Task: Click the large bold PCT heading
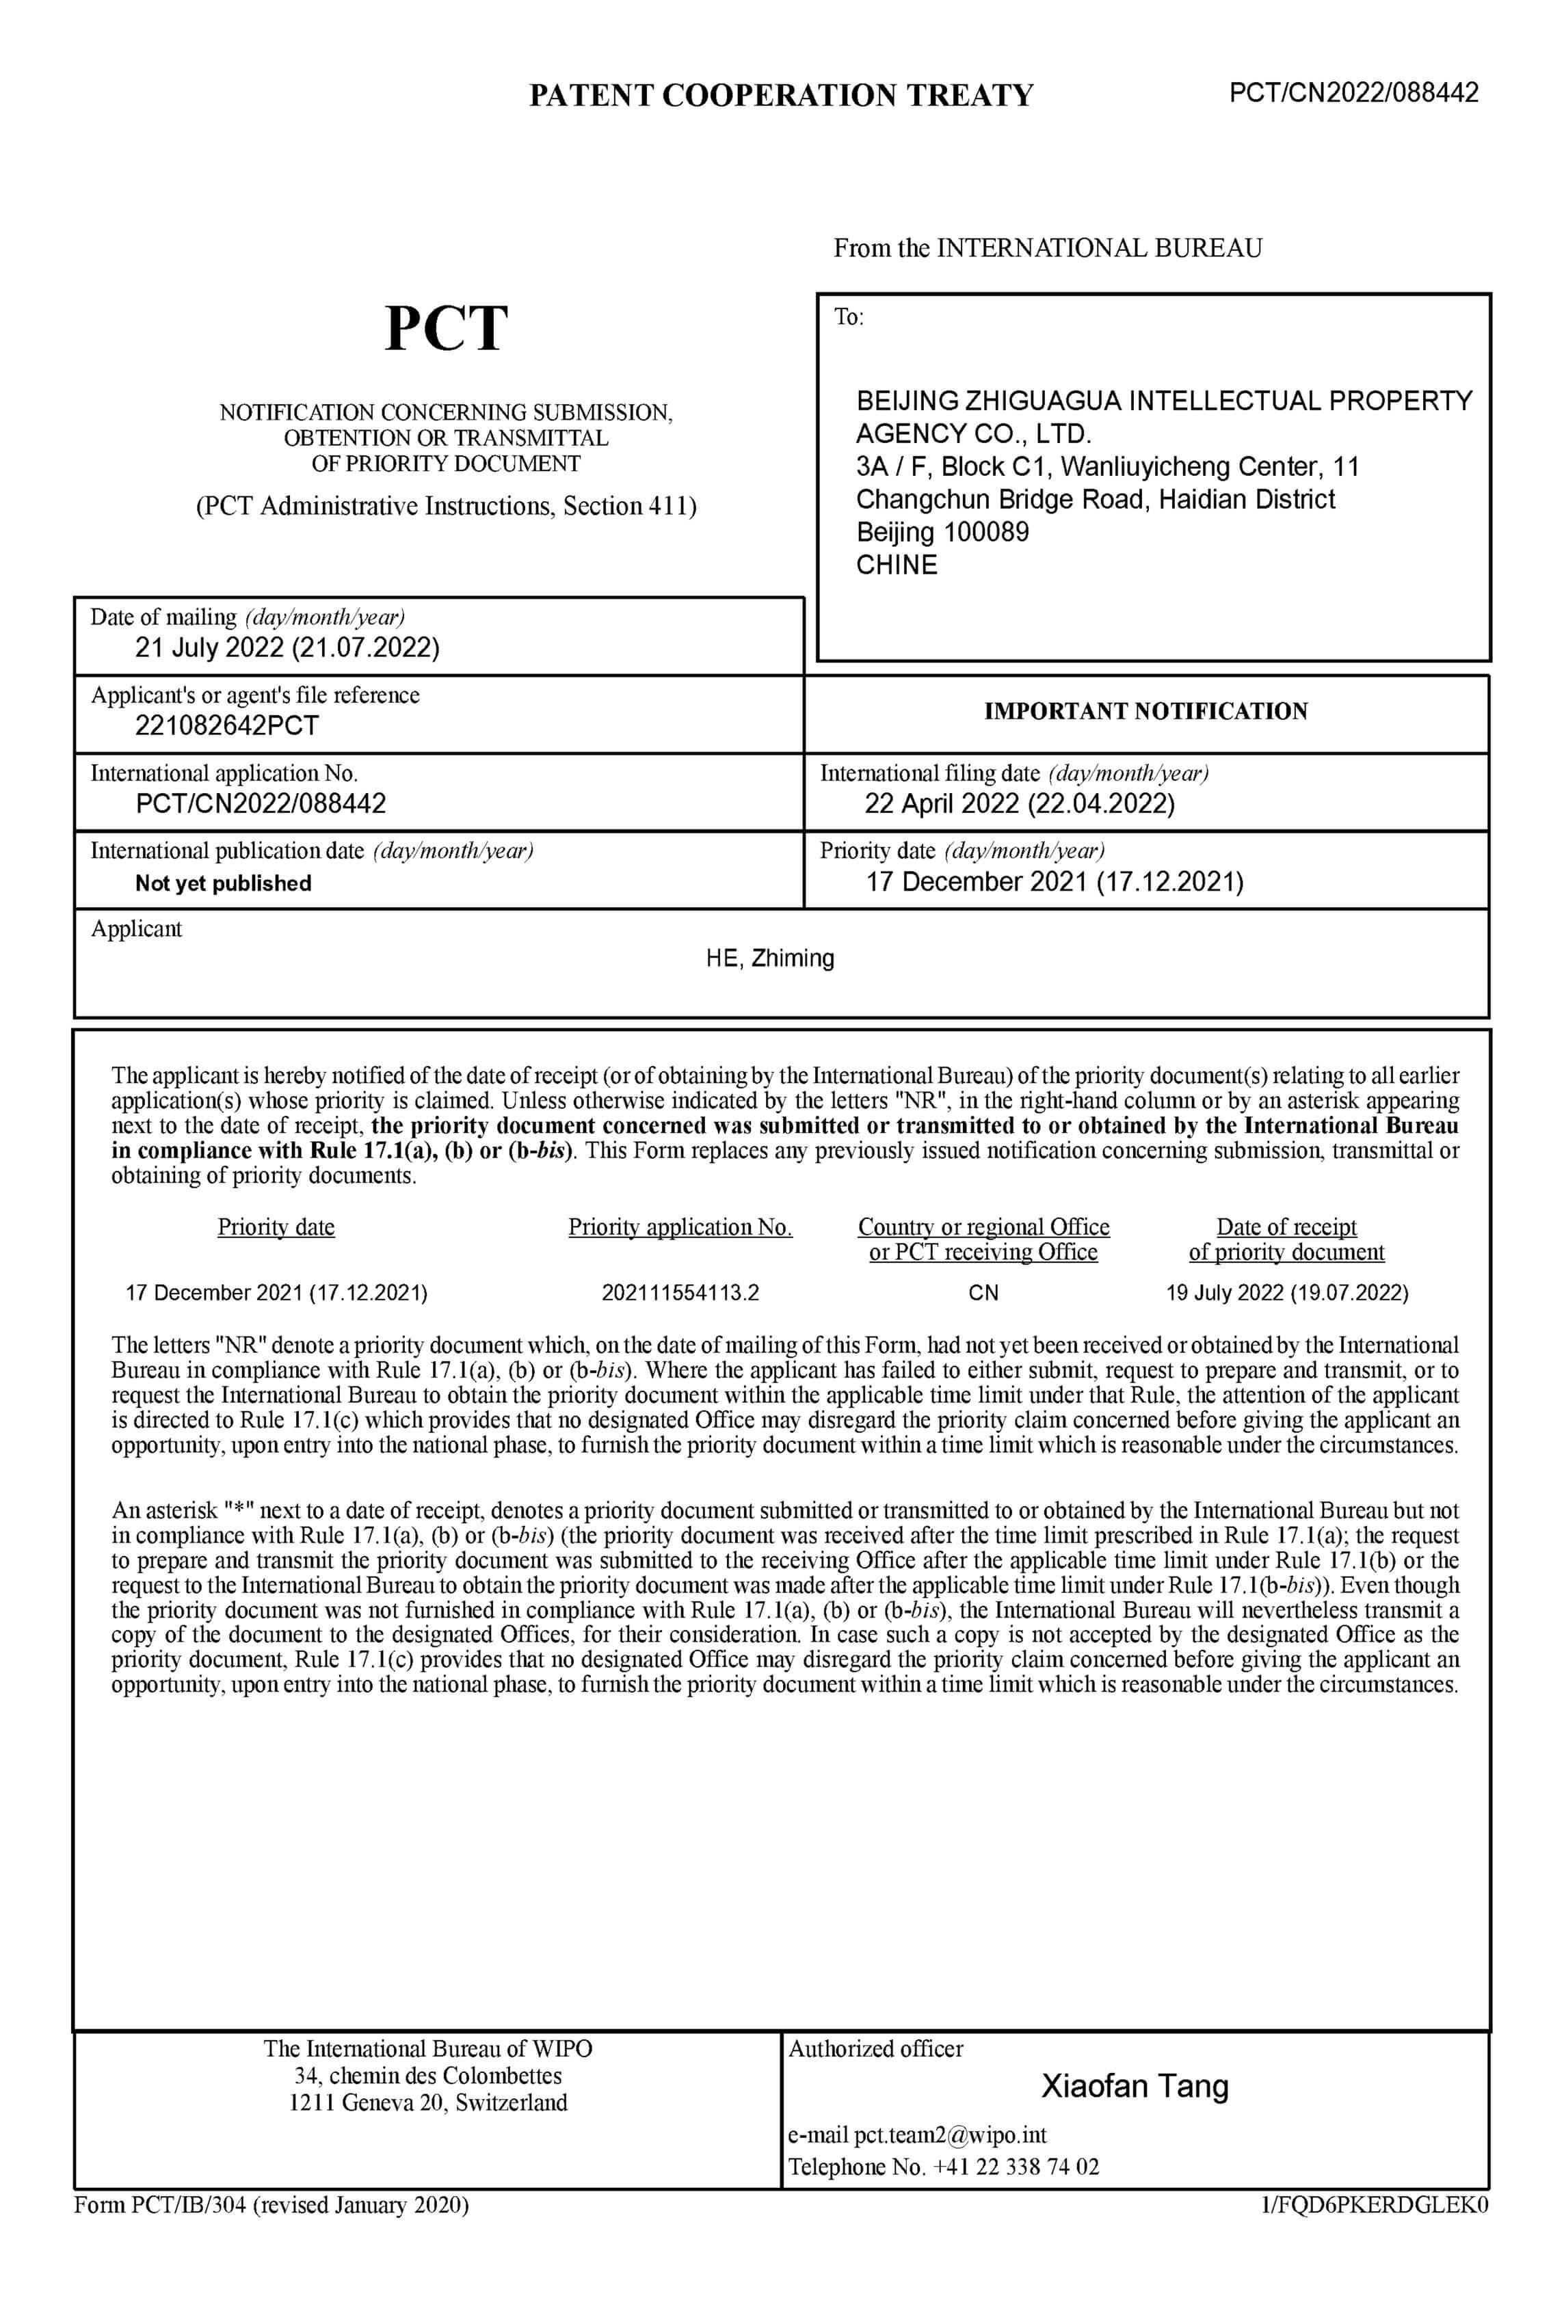pos(446,329)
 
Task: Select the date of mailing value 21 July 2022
pos(287,648)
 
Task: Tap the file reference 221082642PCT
pos(227,725)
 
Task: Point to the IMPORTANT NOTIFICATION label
pos(1145,711)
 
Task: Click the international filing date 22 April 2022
pos(1019,803)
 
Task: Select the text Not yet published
pos(223,883)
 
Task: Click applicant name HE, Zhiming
pos(769,958)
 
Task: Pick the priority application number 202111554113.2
pos(680,1293)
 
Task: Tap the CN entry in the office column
pos(983,1293)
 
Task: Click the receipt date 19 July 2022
pos(1286,1293)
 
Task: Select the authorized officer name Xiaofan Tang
pos(1134,2085)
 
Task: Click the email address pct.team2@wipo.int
pos(950,2134)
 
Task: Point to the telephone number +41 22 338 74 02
pos(1016,2167)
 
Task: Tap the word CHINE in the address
pos(897,565)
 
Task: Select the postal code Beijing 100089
pos(942,532)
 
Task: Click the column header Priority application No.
pos(680,1227)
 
